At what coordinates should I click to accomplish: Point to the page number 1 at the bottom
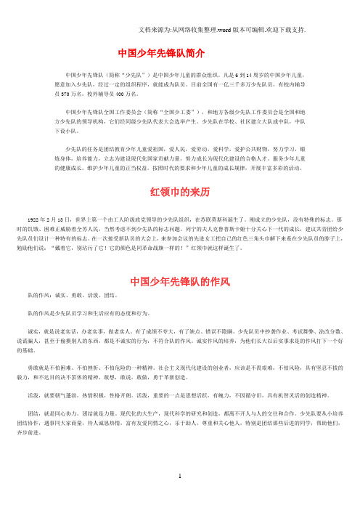point(179,497)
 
